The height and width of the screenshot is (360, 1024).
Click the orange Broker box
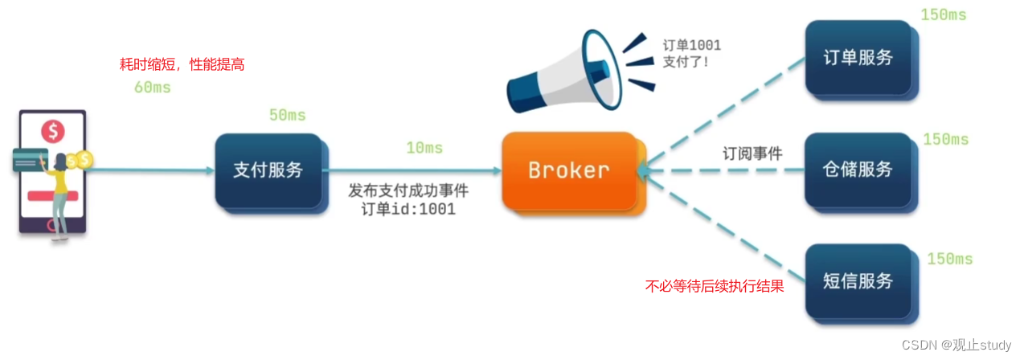568,170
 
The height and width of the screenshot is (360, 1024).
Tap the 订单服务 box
858,58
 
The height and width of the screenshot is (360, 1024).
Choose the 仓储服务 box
858,170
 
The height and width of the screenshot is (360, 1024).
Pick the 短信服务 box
858,281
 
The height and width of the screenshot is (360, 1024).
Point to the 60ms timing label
152,88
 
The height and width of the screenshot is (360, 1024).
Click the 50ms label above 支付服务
287,116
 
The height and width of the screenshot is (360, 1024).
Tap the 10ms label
424,148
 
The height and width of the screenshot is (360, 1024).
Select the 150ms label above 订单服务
943,15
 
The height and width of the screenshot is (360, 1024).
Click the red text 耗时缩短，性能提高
181,65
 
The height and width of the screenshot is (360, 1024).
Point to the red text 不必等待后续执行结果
715,285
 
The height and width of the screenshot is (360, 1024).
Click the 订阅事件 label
752,153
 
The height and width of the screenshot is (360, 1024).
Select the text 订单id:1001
408,210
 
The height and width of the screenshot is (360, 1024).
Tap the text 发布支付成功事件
408,191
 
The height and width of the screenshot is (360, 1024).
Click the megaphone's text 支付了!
686,62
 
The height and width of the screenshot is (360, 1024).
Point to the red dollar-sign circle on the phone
54,129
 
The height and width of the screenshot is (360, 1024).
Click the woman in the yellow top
59,193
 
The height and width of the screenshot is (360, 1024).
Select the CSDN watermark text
956,345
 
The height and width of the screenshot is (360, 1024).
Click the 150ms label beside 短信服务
949,259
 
